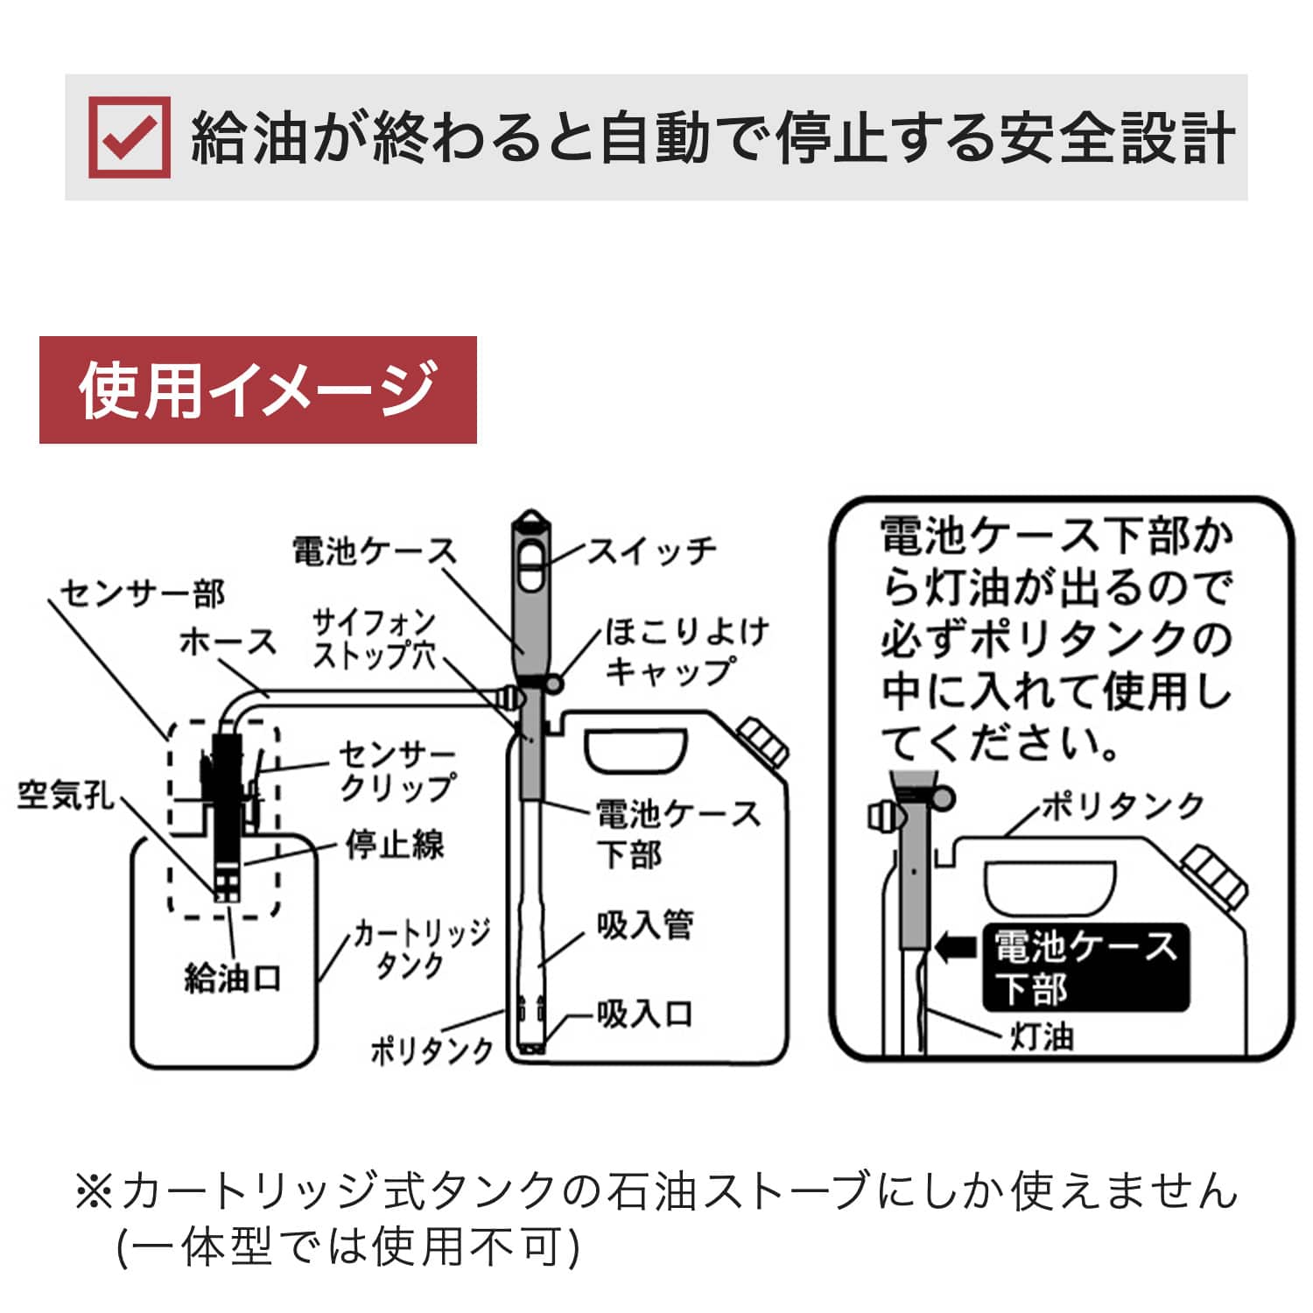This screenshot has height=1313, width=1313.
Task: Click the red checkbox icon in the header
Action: click(x=130, y=137)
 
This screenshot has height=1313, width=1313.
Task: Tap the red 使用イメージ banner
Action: click(x=257, y=390)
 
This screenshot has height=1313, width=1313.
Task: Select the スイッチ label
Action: click(x=650, y=551)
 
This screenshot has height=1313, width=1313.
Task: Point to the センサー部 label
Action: click(x=143, y=593)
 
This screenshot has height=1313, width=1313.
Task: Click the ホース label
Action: click(x=228, y=642)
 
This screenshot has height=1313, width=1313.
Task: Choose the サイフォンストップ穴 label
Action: click(x=375, y=639)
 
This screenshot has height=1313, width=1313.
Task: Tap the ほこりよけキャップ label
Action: click(x=686, y=650)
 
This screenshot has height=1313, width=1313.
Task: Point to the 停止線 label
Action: click(x=395, y=845)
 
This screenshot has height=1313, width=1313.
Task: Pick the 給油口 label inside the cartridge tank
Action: click(x=232, y=978)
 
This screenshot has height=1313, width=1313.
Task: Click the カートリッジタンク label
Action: click(x=421, y=948)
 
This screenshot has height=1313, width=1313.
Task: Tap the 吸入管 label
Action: click(x=645, y=924)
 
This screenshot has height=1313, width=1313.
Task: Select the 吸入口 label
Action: click(x=645, y=1014)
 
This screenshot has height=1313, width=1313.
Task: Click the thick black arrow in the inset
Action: click(x=956, y=946)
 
